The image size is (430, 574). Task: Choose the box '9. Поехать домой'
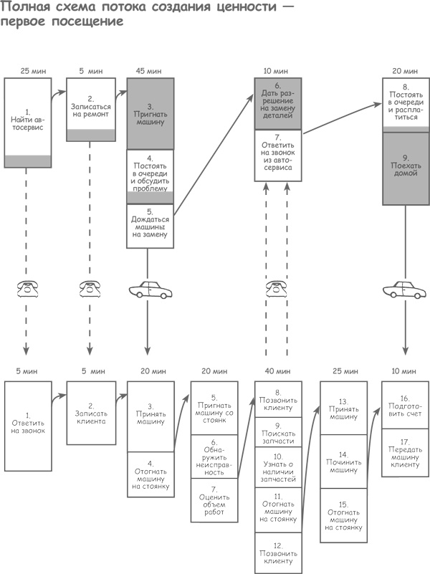[405, 166]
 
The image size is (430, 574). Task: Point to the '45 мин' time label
[149, 71]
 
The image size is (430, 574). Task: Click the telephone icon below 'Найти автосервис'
[28, 290]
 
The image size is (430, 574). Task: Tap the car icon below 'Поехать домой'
[404, 290]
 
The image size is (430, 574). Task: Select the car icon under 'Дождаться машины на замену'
[150, 291]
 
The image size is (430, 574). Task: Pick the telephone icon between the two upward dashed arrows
[277, 289]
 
